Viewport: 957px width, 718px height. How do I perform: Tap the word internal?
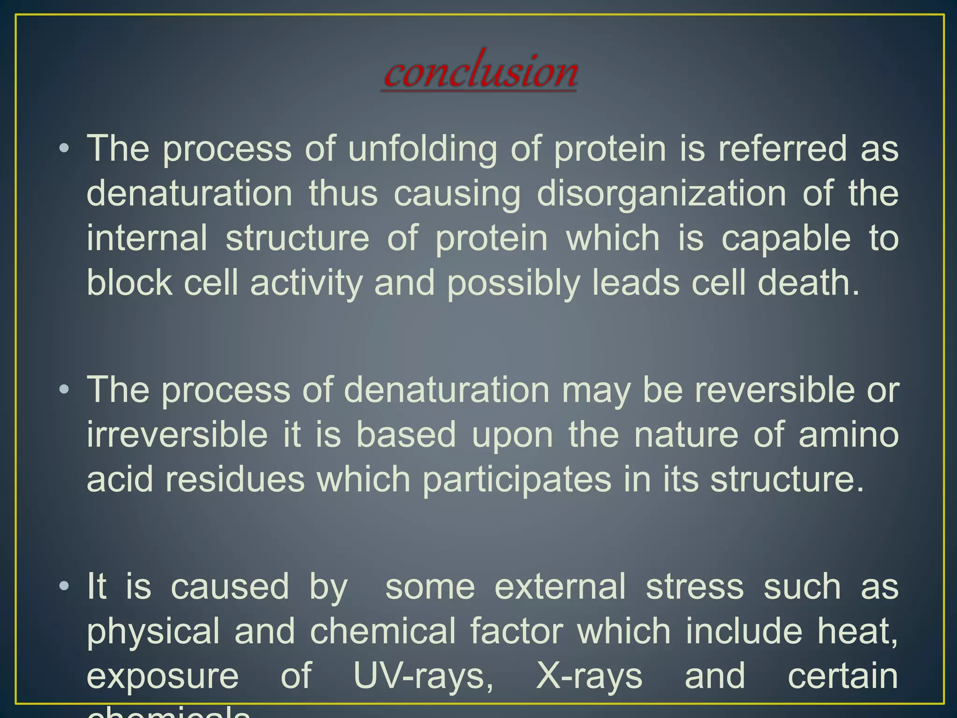tap(147, 238)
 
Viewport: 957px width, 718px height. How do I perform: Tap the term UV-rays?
tap(423, 676)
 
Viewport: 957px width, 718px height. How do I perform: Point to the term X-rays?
tap(589, 676)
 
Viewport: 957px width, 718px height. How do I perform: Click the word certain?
tap(843, 676)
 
